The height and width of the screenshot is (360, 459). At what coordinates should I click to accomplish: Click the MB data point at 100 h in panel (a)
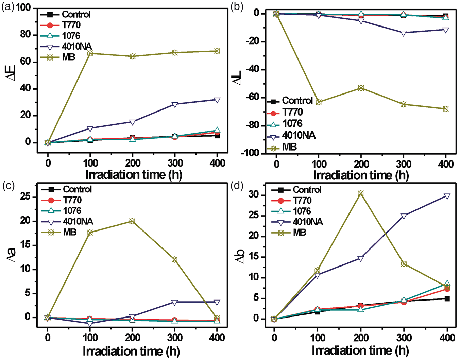pos(90,53)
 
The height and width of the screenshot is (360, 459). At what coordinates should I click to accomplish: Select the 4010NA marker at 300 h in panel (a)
pos(175,104)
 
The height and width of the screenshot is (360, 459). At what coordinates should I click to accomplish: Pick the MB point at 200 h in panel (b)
pos(361,88)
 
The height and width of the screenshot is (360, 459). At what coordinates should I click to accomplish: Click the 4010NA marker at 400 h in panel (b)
pos(446,30)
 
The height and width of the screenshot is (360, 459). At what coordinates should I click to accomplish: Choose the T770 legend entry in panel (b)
pos(285,112)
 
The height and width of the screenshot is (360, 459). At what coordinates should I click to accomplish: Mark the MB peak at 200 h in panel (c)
pos(132,221)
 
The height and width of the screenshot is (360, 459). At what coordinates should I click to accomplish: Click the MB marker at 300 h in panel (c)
pos(174,259)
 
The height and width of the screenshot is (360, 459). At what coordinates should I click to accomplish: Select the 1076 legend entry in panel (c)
pos(62,210)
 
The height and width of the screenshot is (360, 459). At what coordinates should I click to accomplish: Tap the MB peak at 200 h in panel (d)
pos(361,193)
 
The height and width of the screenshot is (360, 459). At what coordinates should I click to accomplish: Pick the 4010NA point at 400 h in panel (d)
pos(447,196)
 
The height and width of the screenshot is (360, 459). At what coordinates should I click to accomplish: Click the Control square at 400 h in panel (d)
pos(447,299)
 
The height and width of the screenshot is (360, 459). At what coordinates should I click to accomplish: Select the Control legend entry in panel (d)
pos(296,190)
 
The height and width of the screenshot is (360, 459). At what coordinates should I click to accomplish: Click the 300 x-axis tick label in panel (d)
pos(404,338)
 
